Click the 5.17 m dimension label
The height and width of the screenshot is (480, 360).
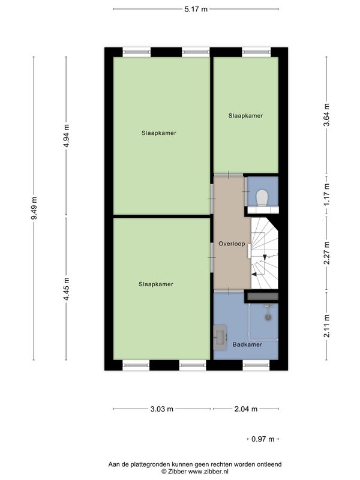196,9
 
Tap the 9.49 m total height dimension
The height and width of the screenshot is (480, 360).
34,208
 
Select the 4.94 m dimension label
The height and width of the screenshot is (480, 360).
67,136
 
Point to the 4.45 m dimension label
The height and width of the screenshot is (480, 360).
67,289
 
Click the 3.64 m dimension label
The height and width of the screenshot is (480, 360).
326,115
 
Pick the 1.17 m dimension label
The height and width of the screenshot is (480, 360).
326,194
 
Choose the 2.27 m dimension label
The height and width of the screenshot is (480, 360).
326,253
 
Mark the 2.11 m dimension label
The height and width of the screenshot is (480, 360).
326,326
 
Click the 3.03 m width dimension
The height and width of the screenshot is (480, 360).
161,409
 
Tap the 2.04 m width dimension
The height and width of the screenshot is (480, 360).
246,409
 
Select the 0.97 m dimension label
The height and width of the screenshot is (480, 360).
263,439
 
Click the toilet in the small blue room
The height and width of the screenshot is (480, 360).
262,198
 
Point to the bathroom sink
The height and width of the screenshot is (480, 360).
220,337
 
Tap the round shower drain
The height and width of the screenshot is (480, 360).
268,317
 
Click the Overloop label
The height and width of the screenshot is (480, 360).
232,244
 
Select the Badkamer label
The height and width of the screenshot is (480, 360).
247,344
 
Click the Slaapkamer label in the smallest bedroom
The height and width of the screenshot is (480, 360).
246,116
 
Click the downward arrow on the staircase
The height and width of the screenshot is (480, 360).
265,257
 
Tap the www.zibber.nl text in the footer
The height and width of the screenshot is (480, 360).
208,472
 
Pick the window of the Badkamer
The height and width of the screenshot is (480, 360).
256,365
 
